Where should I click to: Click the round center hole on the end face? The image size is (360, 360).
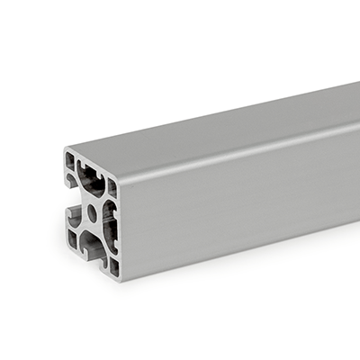(92, 213)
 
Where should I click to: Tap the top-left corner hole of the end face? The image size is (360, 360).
(70, 161)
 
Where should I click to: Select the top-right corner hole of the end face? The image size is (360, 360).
(112, 184)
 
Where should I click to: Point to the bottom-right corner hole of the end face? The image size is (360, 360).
(114, 265)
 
